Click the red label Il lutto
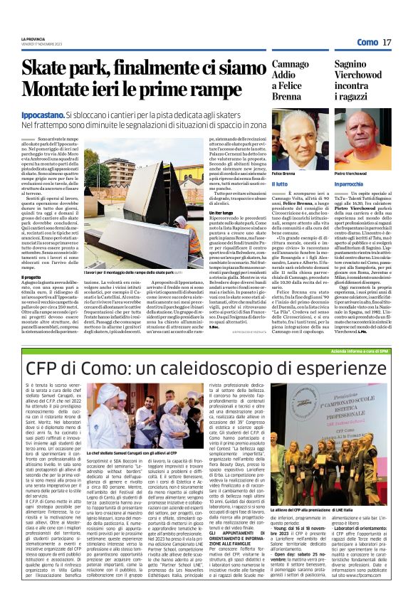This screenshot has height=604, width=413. tap(280, 183)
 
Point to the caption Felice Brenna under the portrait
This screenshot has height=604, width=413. tap(283, 174)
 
